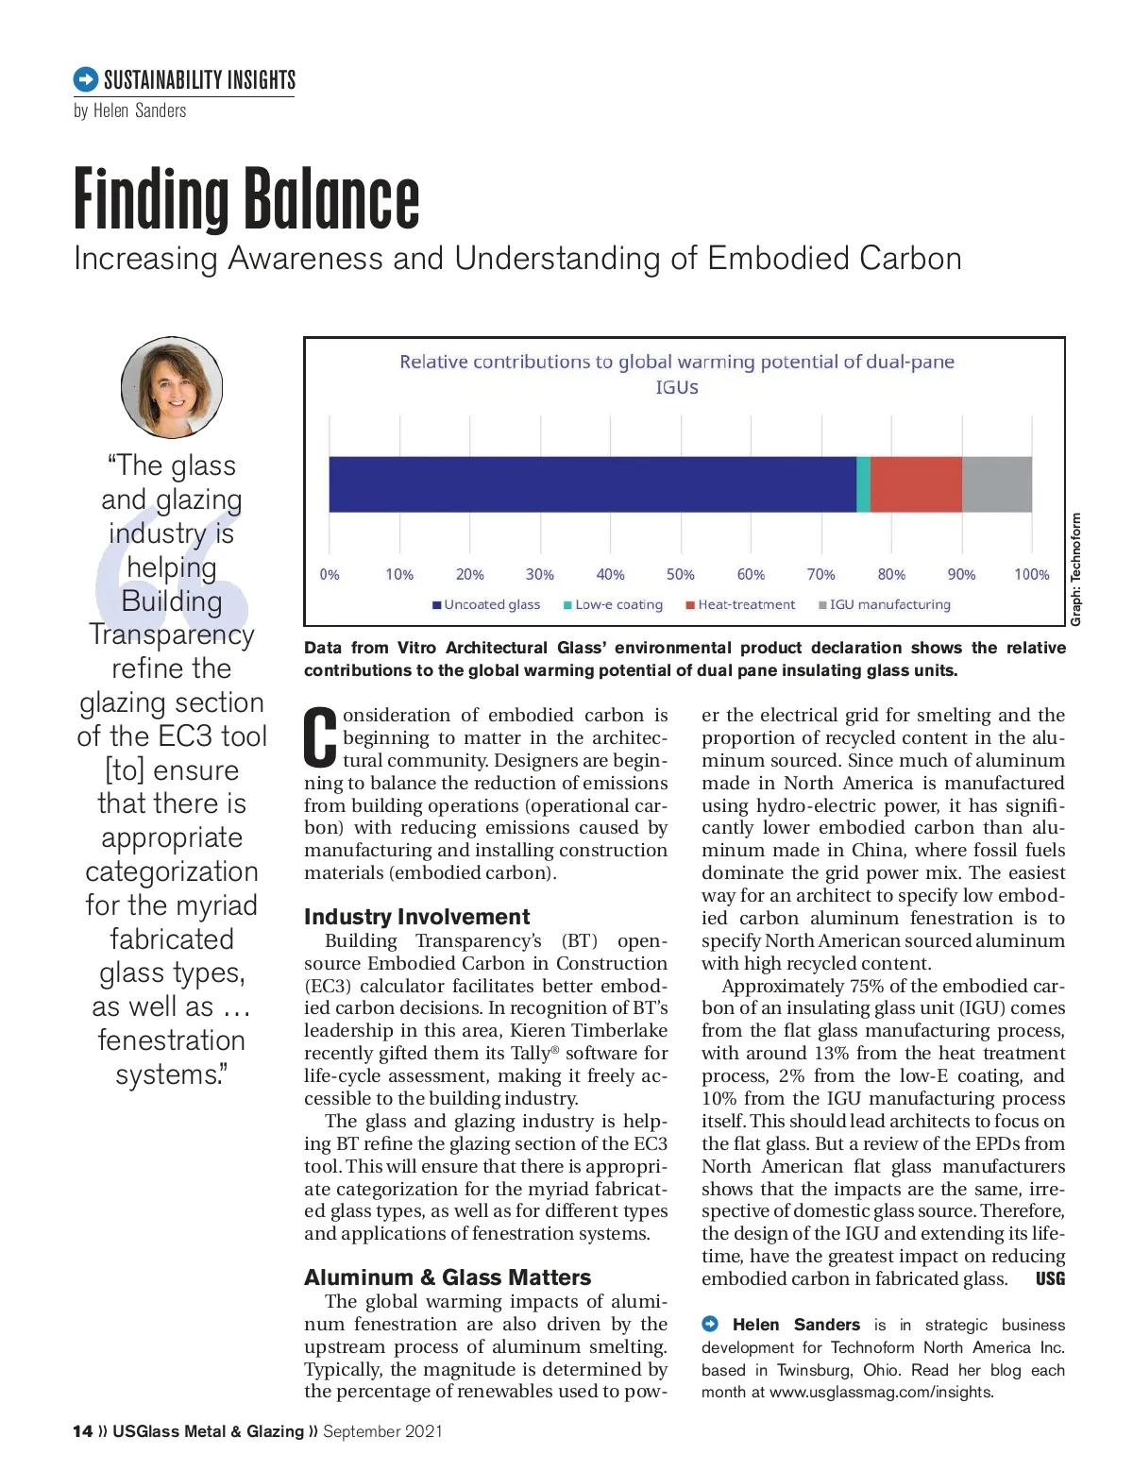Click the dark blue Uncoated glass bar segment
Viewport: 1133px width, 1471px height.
pos(592,484)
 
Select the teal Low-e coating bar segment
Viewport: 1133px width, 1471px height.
pos(863,484)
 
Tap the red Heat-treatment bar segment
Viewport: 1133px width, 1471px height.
pos(916,484)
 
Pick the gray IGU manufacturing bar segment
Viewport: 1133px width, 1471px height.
pos(997,484)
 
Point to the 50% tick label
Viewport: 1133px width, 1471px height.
pos(680,574)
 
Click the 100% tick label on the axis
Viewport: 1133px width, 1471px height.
pos(1031,574)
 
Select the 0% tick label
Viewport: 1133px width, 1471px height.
pos(330,574)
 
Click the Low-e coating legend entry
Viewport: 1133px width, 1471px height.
pos(613,604)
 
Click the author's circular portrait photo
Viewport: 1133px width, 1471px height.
pos(172,387)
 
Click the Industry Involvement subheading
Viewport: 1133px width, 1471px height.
pos(416,917)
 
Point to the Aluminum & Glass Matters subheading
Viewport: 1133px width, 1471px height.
pos(448,1277)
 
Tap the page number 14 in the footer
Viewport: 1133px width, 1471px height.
pos(82,1431)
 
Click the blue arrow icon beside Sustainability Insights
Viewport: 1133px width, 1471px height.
pos(85,79)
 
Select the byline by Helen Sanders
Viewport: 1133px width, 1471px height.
pos(130,110)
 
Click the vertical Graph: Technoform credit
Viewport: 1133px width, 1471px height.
pos(1075,568)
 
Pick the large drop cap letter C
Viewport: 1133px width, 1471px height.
pos(321,736)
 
